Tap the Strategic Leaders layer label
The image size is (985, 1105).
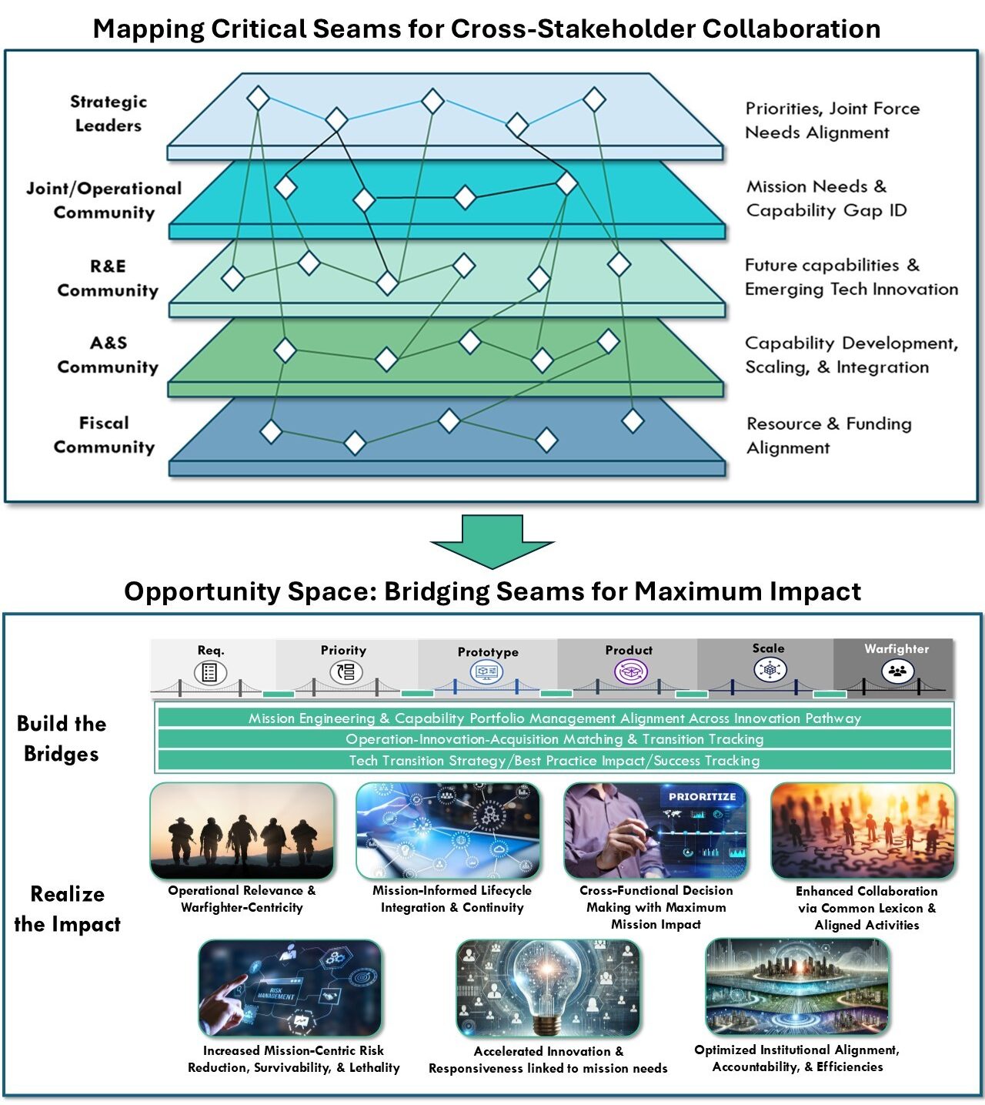[108, 113]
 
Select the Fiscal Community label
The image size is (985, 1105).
[104, 435]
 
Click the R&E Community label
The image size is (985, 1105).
[108, 278]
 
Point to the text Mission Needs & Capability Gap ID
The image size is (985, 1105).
[826, 199]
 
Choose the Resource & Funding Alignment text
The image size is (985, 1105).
[828, 436]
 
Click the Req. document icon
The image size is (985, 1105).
[209, 672]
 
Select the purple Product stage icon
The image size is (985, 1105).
[629, 671]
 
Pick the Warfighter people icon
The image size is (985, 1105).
[897, 671]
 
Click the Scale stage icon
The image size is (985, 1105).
[769, 670]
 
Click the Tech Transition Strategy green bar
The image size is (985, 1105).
[554, 761]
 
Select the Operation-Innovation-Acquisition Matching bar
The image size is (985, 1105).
[554, 739]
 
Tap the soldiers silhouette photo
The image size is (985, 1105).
[242, 832]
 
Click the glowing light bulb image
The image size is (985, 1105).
[548, 988]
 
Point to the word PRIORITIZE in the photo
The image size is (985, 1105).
[702, 797]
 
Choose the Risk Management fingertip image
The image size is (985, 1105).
[290, 988]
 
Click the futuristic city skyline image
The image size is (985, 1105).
[797, 986]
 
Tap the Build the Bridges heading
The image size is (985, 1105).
[62, 738]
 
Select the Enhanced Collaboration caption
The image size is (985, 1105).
[866, 908]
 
